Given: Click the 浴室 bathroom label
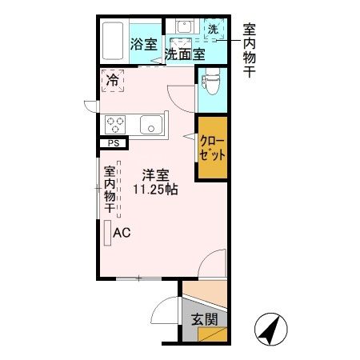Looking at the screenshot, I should (144, 45).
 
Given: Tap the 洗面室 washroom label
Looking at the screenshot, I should (184, 54).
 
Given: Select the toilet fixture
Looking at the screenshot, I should (211, 80).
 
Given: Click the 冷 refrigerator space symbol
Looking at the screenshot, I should (113, 80).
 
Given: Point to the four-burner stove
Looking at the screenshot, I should (114, 125).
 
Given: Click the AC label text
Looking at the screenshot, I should (122, 234).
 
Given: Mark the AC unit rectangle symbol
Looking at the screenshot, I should (106, 233).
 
